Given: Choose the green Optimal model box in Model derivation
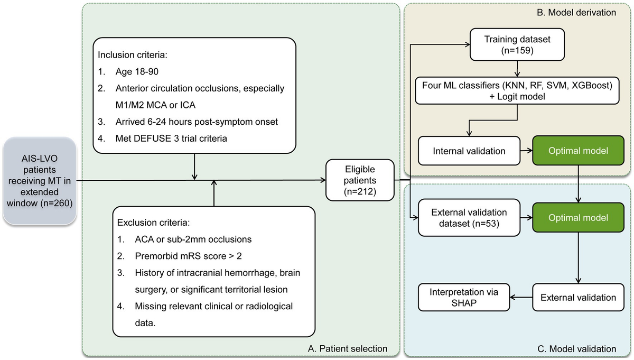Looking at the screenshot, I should pos(579,151).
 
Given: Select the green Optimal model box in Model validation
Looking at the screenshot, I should pos(579,217).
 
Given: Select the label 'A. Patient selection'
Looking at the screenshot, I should pos(347,348).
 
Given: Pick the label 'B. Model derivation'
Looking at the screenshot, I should pos(583,12).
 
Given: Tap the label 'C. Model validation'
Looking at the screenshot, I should pos(583,348).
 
